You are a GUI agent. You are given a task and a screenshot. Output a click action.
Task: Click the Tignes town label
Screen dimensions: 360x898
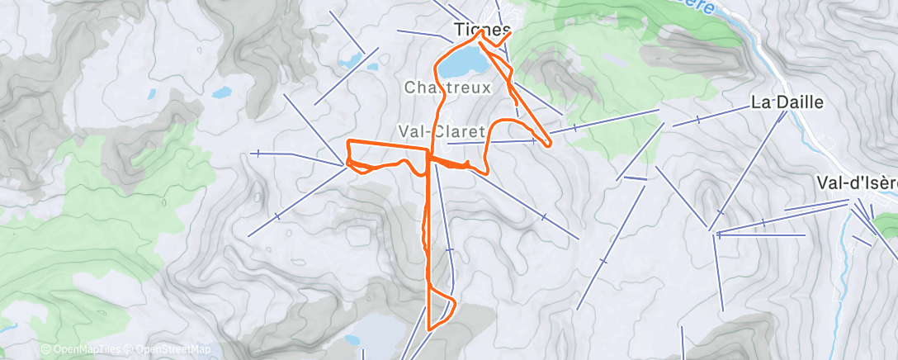477,30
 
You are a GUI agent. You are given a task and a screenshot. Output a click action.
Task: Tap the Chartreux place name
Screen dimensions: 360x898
448,87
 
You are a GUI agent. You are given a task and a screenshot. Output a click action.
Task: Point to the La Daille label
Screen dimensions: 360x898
777,102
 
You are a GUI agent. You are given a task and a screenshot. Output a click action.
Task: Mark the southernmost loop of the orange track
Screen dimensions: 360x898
441,310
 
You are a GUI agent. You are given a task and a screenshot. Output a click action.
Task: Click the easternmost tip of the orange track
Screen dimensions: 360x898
548,144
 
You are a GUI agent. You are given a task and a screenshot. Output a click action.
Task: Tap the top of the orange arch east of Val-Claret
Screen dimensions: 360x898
516,121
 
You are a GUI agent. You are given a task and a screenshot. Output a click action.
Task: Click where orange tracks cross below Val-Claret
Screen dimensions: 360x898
429,157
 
